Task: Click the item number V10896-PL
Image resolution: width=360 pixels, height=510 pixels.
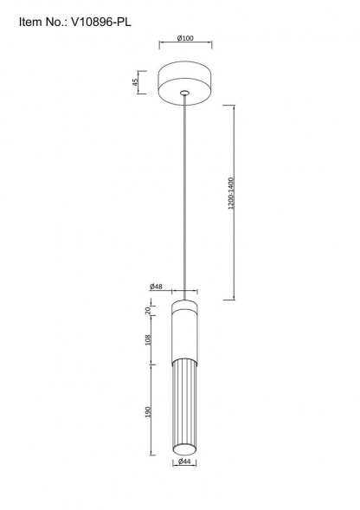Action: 100,23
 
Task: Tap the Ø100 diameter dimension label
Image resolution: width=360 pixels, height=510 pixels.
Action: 185,38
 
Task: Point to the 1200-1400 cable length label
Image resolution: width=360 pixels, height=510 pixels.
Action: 231,193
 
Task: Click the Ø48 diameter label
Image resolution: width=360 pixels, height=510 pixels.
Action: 156,287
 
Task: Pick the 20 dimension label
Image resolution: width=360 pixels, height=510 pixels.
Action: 148,310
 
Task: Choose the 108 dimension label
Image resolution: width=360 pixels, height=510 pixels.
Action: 148,340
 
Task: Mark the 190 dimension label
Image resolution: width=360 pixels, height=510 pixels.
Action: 148,412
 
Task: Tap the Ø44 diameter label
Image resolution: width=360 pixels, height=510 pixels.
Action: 184,461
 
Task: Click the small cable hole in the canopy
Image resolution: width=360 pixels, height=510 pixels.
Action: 185,93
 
